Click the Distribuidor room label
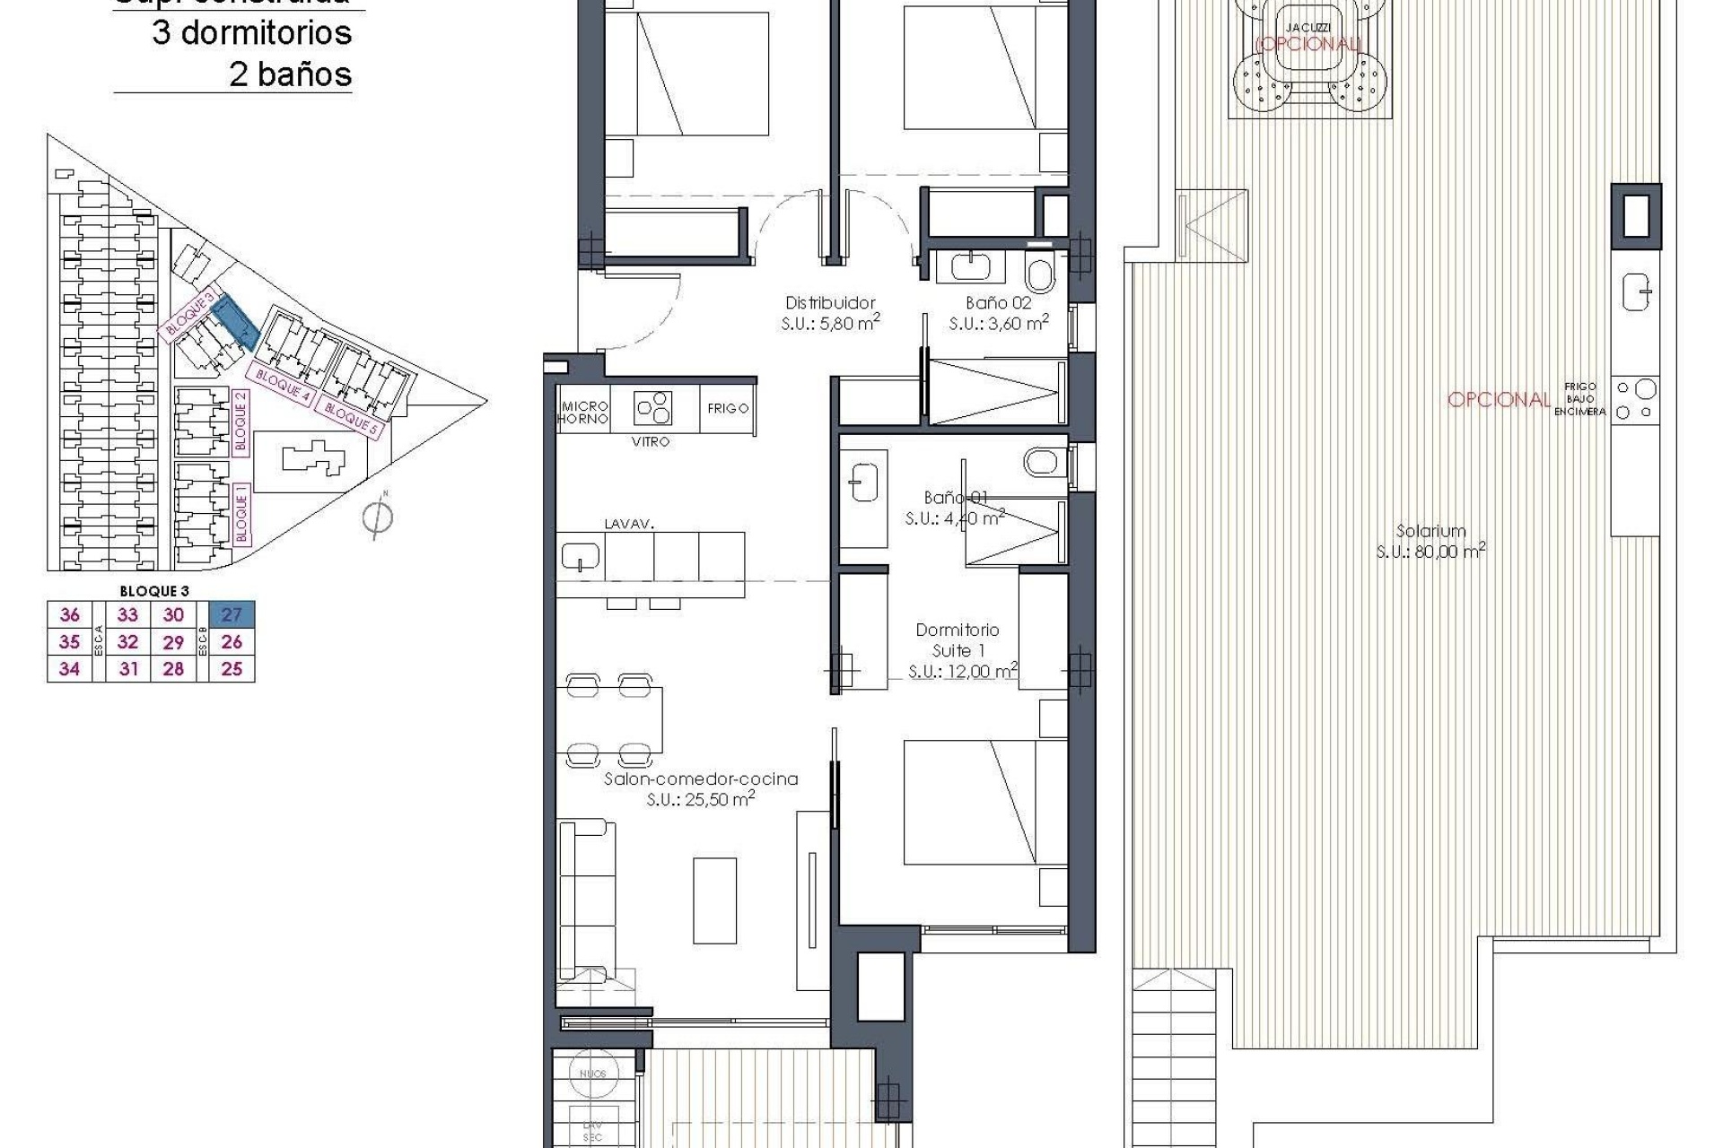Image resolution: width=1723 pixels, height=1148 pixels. [830, 303]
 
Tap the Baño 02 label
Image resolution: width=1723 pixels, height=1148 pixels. [998, 303]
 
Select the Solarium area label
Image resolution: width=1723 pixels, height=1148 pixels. [1430, 531]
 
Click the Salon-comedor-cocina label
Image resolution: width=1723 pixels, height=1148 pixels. [701, 779]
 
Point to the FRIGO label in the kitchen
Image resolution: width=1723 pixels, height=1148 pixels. [728, 409]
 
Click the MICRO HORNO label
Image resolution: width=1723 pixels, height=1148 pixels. [584, 413]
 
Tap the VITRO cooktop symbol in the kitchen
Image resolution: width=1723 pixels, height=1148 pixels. [653, 409]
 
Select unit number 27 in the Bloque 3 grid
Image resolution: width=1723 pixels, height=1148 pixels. [232, 614]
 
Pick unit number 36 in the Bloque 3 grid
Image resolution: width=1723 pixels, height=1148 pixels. [70, 614]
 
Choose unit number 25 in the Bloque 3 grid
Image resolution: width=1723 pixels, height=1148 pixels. [232, 669]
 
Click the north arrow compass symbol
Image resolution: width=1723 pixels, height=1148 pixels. [379, 517]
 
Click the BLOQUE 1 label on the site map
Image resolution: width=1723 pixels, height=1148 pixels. [241, 513]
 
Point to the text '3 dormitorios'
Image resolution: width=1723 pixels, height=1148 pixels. [251, 33]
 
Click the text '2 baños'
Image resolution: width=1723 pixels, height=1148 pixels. [290, 74]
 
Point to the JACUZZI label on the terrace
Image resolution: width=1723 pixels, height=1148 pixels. [1307, 28]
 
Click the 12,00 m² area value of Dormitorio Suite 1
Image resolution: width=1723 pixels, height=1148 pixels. [962, 671]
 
